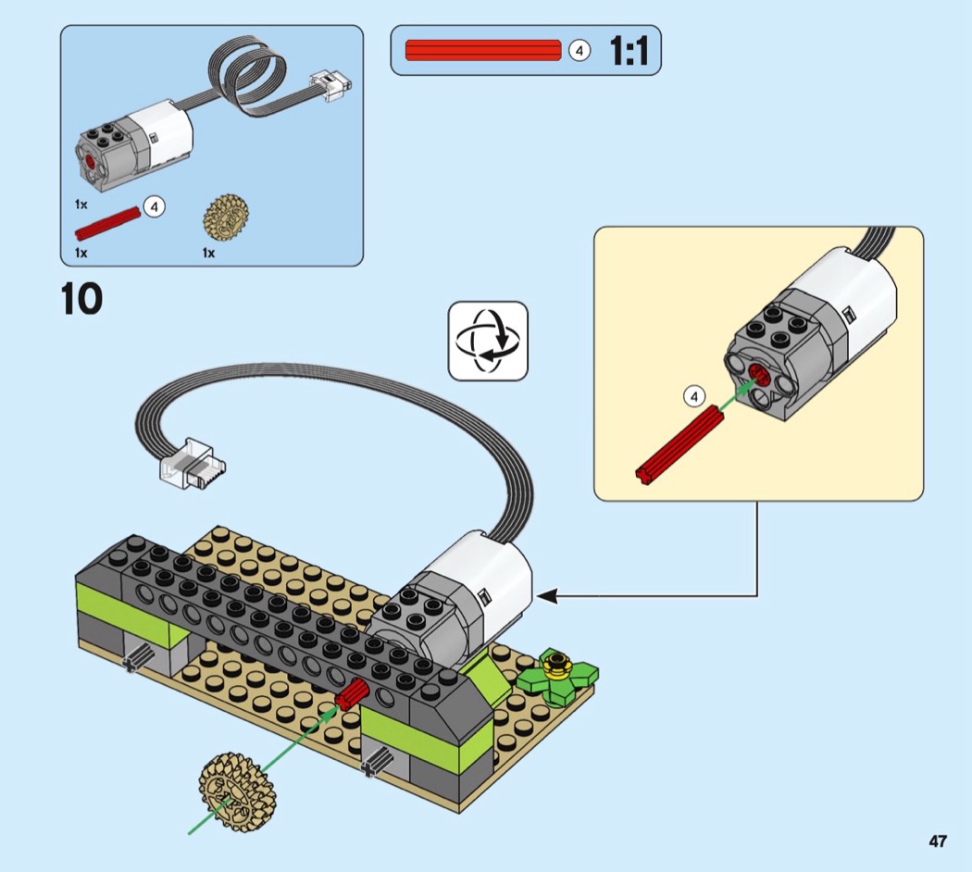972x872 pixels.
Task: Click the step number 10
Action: (x=81, y=300)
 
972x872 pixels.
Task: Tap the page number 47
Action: (x=938, y=841)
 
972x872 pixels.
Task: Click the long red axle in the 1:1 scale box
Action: (x=483, y=50)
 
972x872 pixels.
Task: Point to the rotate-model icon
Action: (x=488, y=341)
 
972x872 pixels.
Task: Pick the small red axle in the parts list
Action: (x=109, y=222)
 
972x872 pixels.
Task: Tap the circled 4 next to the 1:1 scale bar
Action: (x=579, y=51)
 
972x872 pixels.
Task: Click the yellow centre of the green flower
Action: (x=556, y=663)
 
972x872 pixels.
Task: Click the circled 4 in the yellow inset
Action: (x=694, y=397)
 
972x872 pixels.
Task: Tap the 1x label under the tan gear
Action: (x=208, y=252)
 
